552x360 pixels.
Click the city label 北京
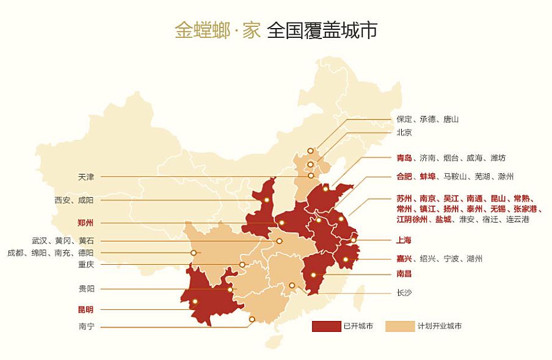pyautogui.click(x=404, y=132)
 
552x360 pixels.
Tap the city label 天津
pyautogui.click(x=86, y=177)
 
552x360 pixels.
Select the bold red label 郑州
pyautogui.click(x=86, y=222)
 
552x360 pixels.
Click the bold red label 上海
pyautogui.click(x=404, y=240)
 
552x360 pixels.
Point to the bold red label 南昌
pyautogui.click(x=404, y=274)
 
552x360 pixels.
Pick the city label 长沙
pyautogui.click(x=404, y=293)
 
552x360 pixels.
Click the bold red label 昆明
pyautogui.click(x=86, y=309)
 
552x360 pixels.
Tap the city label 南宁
pyautogui.click(x=86, y=326)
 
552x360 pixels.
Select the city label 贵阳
pyautogui.click(x=86, y=289)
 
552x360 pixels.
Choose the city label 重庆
pyautogui.click(x=86, y=265)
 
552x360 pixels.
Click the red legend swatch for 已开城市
pyautogui.click(x=326, y=326)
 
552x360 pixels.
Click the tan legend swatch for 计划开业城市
pyautogui.click(x=399, y=326)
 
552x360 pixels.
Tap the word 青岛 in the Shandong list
pyautogui.click(x=404, y=158)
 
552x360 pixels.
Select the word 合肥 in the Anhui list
pyautogui.click(x=404, y=176)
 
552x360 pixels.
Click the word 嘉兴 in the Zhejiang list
pyautogui.click(x=404, y=259)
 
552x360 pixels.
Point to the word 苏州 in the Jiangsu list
pyautogui.click(x=404, y=198)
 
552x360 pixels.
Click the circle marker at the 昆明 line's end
pyautogui.click(x=195, y=301)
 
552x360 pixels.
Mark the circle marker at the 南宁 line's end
pyautogui.click(x=252, y=319)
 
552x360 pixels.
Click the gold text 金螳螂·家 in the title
pyautogui.click(x=217, y=31)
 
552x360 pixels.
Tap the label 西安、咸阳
pyautogui.click(x=74, y=200)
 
